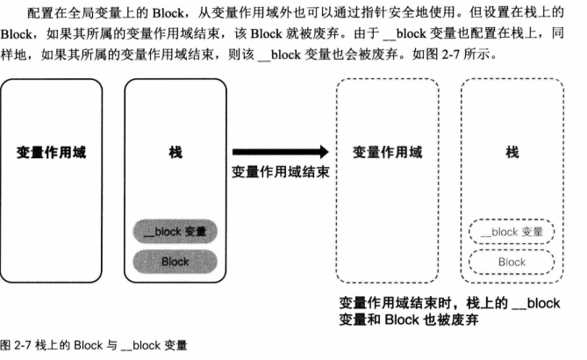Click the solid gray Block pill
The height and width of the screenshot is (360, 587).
tap(175, 261)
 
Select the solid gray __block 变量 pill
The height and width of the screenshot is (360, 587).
tap(175, 232)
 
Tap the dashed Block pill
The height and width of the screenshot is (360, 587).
tap(512, 262)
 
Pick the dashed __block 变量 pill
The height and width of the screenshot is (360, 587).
tap(512, 232)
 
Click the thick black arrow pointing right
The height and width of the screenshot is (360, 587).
tap(280, 151)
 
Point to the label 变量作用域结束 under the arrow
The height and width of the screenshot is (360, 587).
tap(280, 171)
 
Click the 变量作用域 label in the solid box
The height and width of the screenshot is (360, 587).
tap(52, 152)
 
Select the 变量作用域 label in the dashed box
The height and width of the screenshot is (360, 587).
tap(387, 152)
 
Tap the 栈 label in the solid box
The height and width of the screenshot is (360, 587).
tap(175, 152)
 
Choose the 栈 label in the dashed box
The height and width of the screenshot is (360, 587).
tap(512, 152)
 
